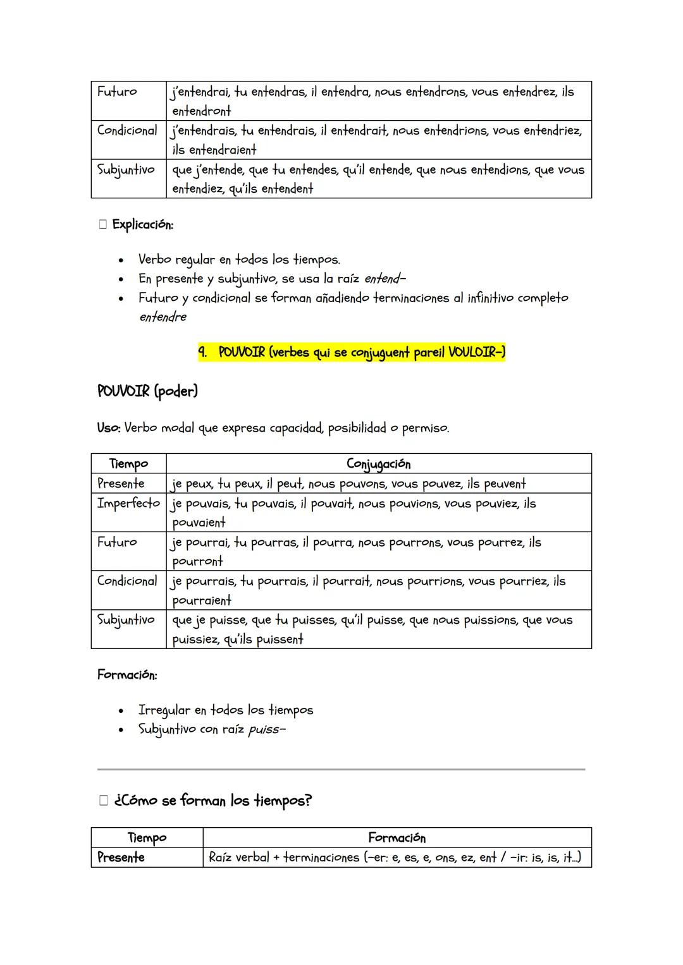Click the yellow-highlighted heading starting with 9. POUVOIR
(x=351, y=352)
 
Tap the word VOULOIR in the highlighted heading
(x=474, y=352)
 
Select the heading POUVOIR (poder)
(x=147, y=391)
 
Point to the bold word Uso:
(x=108, y=428)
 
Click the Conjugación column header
(x=378, y=464)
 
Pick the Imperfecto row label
(x=128, y=503)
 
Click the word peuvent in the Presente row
(x=505, y=484)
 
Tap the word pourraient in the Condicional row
(x=202, y=600)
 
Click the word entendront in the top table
(x=202, y=111)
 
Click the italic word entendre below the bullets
(x=163, y=317)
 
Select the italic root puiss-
(x=267, y=730)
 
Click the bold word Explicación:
(x=142, y=224)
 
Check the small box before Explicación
(x=103, y=225)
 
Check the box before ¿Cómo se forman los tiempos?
(x=104, y=801)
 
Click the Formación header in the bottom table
(x=397, y=838)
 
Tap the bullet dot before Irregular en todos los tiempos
(x=120, y=711)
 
